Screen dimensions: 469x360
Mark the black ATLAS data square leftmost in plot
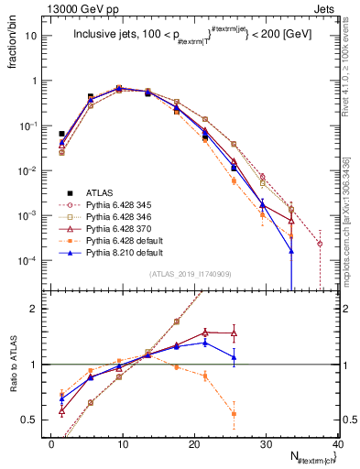pos(61,134)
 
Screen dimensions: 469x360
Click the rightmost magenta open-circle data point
pos(320,244)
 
